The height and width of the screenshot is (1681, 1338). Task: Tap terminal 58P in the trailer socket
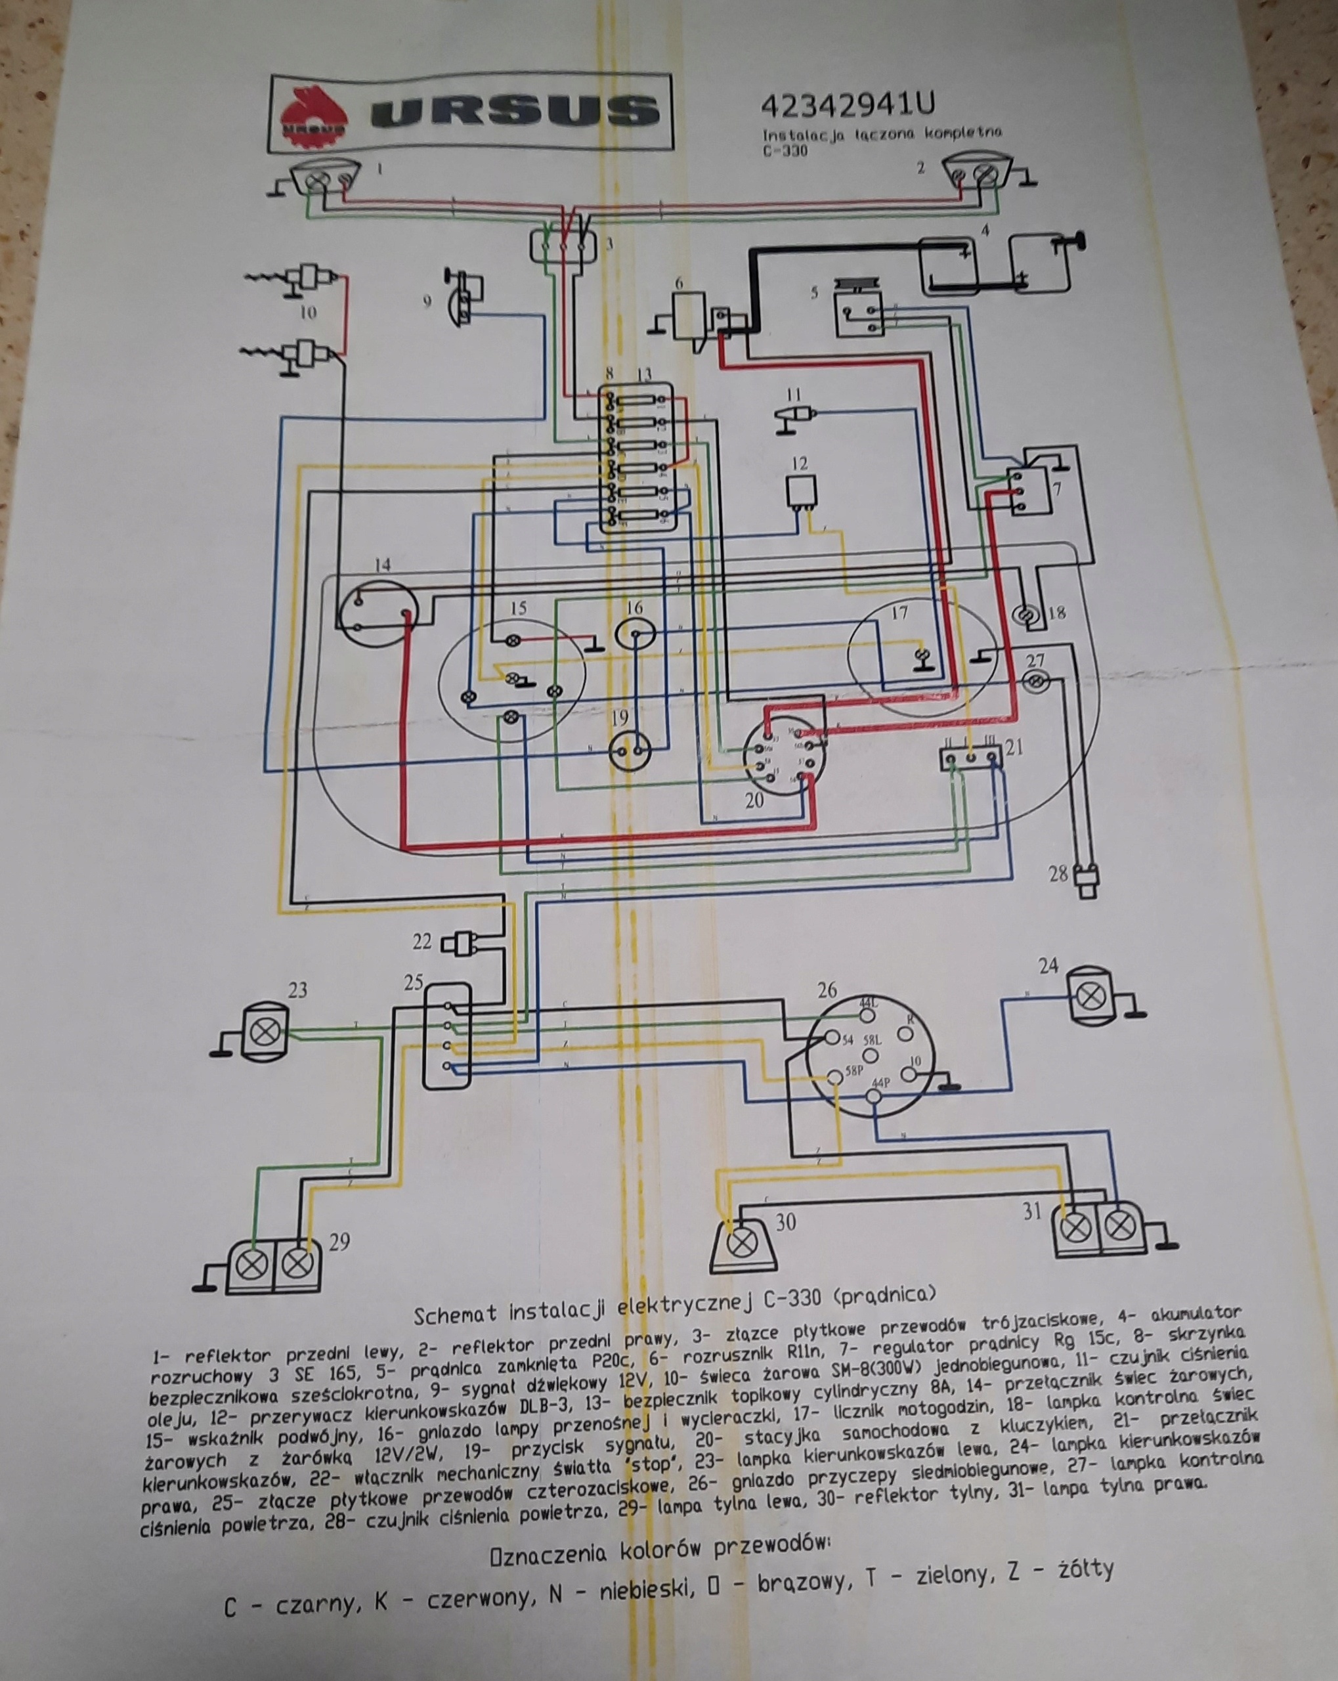(835, 1078)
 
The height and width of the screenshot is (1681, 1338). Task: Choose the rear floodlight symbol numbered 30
(745, 1240)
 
